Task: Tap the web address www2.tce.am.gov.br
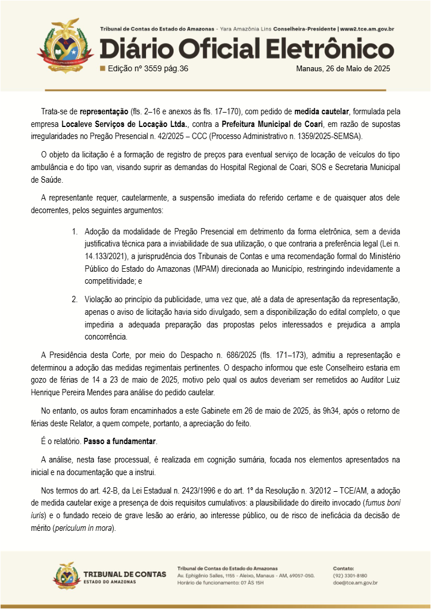(367, 28)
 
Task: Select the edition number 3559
(153, 68)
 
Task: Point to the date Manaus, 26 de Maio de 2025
(343, 68)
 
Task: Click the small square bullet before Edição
(102, 68)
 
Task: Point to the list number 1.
(75, 232)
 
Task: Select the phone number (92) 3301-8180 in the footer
(350, 575)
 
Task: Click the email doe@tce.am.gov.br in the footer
(355, 583)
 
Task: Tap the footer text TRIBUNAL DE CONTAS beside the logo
(125, 574)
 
